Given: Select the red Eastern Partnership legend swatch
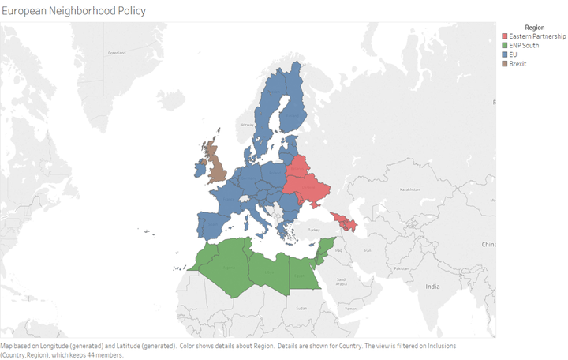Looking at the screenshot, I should tap(506, 36).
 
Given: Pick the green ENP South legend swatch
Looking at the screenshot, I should tap(506, 45).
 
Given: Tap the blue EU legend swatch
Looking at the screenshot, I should tap(506, 54).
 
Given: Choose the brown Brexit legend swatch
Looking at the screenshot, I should tap(506, 62).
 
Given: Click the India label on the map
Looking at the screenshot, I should tap(432, 286).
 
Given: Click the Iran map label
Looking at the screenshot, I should tap(365, 250).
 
